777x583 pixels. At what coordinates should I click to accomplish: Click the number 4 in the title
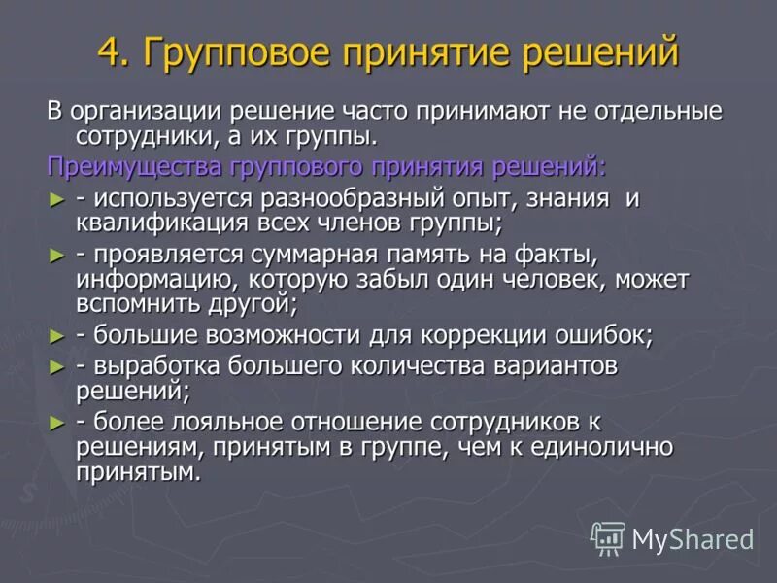coord(109,51)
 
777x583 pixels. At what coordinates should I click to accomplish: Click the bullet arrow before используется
coord(56,198)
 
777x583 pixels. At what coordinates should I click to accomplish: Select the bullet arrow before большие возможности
coord(56,336)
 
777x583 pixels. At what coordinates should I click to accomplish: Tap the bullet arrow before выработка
coord(56,367)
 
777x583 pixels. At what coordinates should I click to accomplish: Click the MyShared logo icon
coord(608,537)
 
